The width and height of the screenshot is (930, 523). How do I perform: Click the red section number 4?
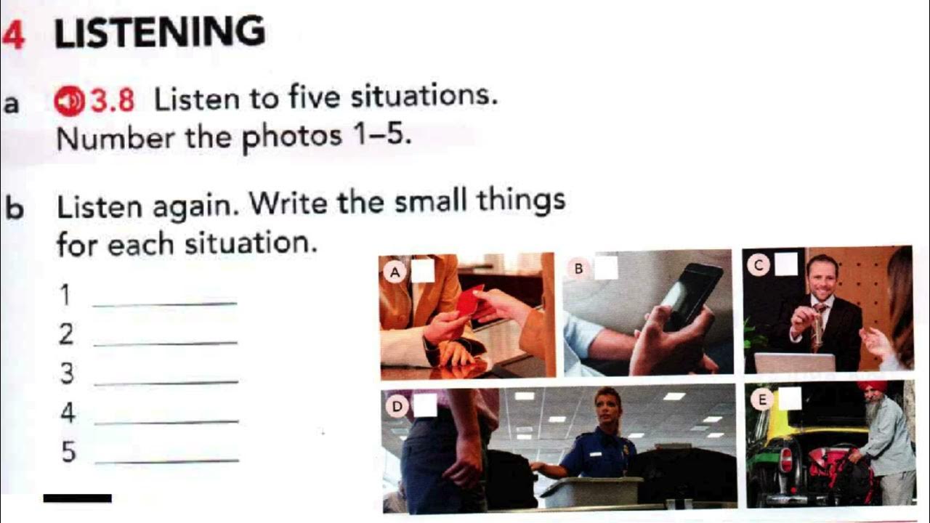(14, 35)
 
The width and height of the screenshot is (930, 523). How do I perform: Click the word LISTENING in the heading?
(160, 31)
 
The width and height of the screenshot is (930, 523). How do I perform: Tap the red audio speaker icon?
(69, 101)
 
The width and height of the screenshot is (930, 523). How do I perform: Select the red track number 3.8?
(113, 101)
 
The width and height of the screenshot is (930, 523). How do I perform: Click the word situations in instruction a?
(424, 97)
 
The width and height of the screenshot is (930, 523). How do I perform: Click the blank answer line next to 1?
(165, 304)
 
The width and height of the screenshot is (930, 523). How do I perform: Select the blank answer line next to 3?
(166, 382)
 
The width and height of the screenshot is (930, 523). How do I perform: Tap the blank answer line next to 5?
(167, 460)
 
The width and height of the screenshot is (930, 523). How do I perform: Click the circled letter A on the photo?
(395, 272)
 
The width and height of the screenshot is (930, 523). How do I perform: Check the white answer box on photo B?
(606, 267)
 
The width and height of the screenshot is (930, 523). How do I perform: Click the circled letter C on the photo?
(759, 265)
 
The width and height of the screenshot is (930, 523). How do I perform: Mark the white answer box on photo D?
(425, 405)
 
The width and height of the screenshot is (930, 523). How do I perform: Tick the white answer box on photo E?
(790, 399)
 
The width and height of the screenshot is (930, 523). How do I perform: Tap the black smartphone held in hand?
(690, 296)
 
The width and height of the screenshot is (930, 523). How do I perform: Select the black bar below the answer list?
(78, 498)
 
